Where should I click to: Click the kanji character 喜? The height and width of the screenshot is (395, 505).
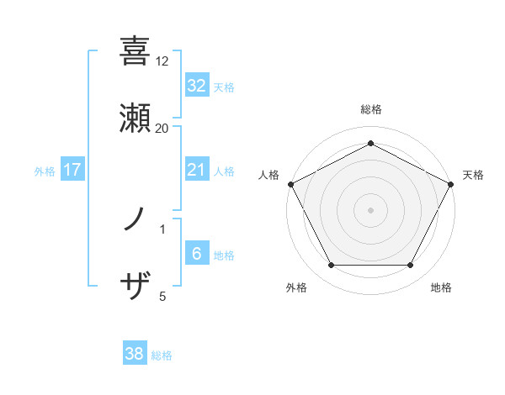[x=136, y=51]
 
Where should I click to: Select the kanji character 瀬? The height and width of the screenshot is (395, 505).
[x=136, y=118]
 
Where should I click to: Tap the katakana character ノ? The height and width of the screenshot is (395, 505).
[x=136, y=221]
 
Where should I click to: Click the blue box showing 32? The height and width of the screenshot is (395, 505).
[x=196, y=85]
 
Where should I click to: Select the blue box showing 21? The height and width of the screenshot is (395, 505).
[x=196, y=170]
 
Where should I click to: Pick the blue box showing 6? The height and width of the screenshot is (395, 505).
[x=196, y=254]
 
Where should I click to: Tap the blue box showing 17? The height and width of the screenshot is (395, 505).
[x=72, y=170]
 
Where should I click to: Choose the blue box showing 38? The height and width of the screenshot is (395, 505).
[x=135, y=354]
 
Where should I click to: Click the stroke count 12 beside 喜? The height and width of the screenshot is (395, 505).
[x=162, y=61]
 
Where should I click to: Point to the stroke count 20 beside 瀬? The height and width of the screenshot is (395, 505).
[x=162, y=128]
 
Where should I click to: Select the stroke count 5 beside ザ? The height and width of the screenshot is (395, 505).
[x=162, y=296]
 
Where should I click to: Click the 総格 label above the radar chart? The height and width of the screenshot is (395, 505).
[x=370, y=109]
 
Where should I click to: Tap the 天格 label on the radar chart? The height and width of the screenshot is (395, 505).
[x=473, y=175]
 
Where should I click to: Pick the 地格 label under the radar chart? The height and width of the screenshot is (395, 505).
[x=441, y=287]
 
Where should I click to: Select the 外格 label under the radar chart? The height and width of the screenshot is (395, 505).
[x=296, y=287]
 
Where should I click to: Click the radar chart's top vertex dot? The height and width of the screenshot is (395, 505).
[x=370, y=143]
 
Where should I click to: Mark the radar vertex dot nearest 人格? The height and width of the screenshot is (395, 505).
[x=290, y=184]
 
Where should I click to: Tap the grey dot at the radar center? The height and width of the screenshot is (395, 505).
[x=370, y=209]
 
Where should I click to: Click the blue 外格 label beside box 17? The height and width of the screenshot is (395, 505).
[x=45, y=171]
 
